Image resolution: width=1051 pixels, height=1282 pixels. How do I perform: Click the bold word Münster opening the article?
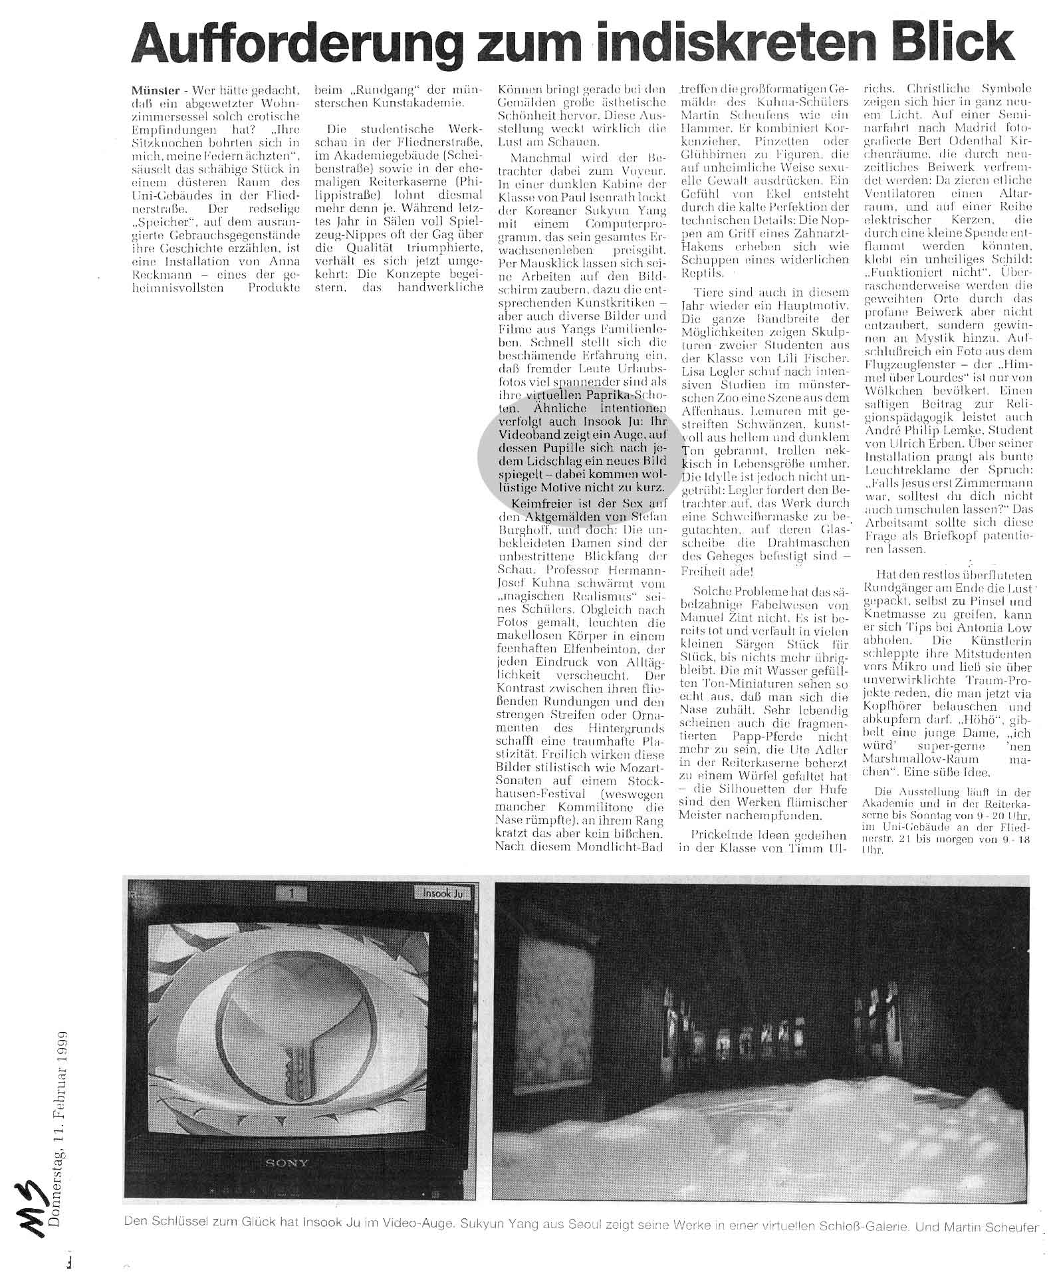[x=154, y=90]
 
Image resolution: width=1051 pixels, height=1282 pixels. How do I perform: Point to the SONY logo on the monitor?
[x=287, y=1163]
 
